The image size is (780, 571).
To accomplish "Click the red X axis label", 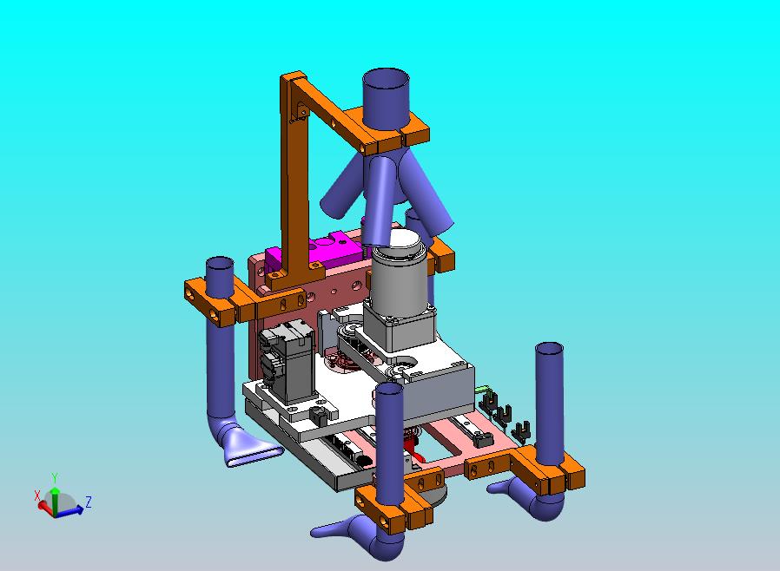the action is pos(36,495).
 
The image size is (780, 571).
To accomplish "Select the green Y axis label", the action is pos(55,478).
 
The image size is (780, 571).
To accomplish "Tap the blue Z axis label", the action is pos(88,502).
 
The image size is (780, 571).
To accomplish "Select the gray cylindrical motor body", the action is pos(399,282).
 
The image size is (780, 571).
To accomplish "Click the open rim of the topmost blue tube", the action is pos(386,78).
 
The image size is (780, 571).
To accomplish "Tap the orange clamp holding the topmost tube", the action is pos(393,130).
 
